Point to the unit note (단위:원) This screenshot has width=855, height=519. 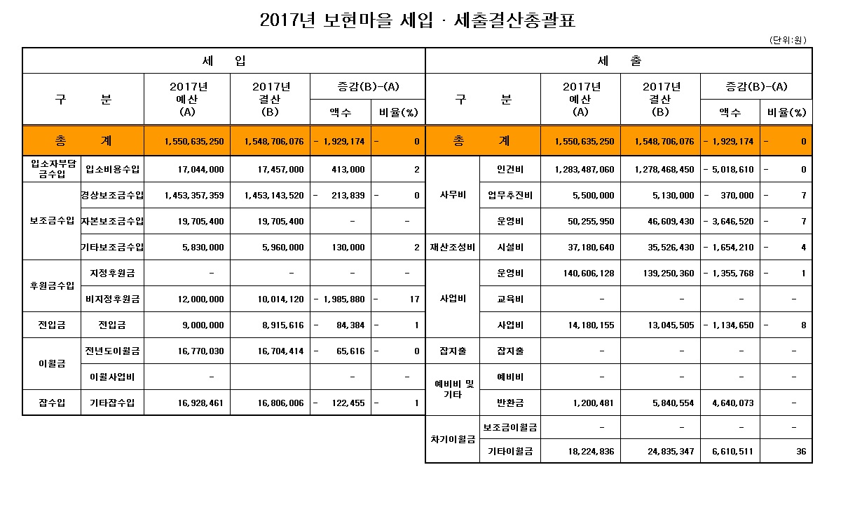coord(788,41)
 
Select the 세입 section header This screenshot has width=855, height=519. coord(224,61)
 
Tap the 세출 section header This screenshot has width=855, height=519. coord(619,61)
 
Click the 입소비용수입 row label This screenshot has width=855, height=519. coord(112,169)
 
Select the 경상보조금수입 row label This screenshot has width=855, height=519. coord(112,195)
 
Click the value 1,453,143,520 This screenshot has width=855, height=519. coord(274,195)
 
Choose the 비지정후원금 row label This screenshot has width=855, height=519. coord(112,299)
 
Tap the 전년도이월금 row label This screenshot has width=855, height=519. coord(112,351)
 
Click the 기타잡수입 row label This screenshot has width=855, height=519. coord(112,403)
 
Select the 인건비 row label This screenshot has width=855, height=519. coord(510,169)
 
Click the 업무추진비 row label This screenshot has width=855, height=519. coord(510,195)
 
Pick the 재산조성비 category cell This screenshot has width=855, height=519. coord(453,247)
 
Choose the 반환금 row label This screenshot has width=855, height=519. coord(510,403)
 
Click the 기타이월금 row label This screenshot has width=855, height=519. coord(510,452)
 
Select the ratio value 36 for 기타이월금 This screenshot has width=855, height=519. coord(800,452)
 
